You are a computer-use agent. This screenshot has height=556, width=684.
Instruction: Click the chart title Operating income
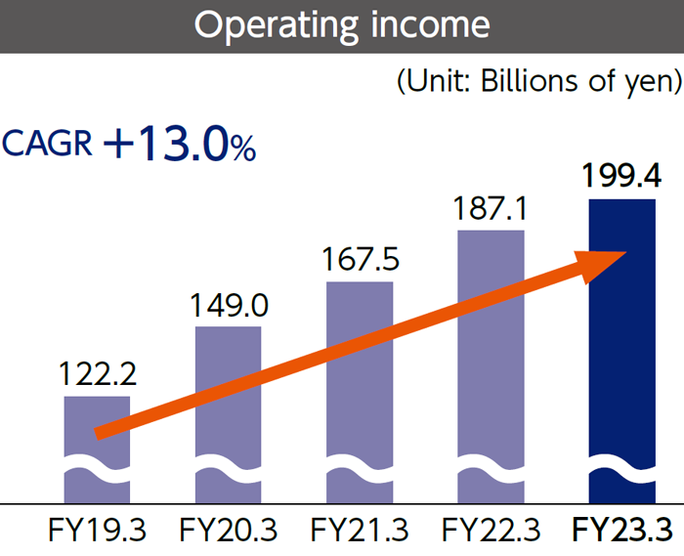(342, 25)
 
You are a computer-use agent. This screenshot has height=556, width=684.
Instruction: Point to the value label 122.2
(97, 373)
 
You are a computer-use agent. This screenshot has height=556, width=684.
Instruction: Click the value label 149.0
(228, 305)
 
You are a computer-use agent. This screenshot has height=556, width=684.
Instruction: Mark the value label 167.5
(360, 260)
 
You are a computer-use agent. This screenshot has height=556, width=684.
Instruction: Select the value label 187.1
(491, 208)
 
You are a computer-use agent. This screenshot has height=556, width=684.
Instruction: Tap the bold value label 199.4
(621, 177)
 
